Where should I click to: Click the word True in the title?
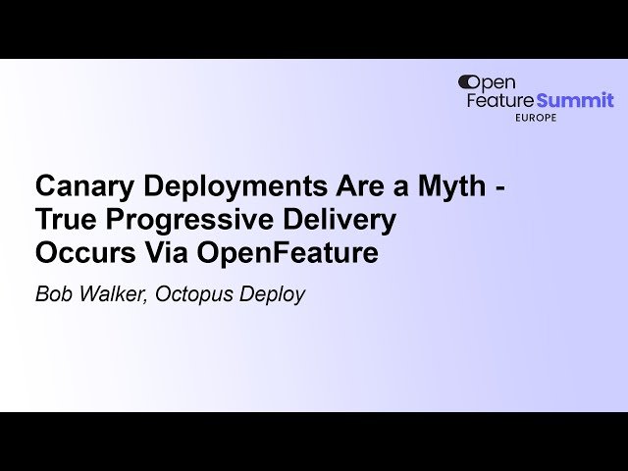pyautogui.click(x=62, y=220)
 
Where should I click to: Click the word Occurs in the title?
pyautogui.click(x=78, y=253)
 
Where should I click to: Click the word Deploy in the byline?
pyautogui.click(x=274, y=293)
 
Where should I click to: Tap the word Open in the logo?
pyautogui.click(x=498, y=82)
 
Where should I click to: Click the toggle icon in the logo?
pyautogui.click(x=468, y=82)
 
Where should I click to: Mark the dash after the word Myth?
pyautogui.click(x=500, y=187)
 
